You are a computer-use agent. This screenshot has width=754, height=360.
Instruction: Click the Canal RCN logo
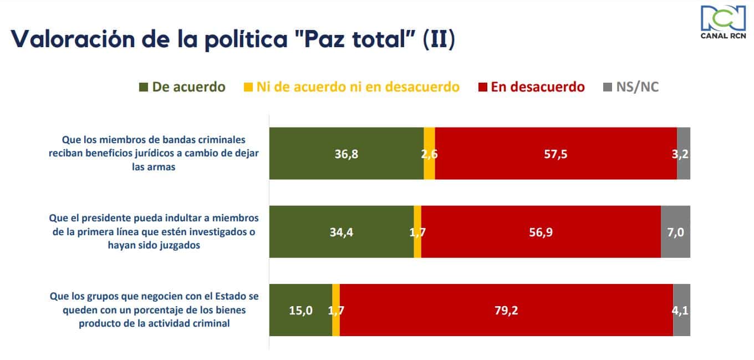[x=723, y=22]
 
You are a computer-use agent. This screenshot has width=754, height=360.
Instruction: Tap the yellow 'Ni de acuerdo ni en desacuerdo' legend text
[x=358, y=87]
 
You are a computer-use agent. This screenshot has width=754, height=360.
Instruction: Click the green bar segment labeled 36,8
[x=346, y=154]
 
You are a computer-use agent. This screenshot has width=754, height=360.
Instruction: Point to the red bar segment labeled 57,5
[x=556, y=154]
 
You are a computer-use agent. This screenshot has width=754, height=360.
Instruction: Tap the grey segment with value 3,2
[x=684, y=154]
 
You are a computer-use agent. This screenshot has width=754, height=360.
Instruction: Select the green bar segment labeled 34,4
[x=341, y=232]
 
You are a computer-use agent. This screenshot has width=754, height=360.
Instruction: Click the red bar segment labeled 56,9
[x=541, y=232]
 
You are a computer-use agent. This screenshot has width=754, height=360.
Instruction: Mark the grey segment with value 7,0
[x=675, y=232]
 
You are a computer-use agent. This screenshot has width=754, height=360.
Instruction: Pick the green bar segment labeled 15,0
[x=300, y=310]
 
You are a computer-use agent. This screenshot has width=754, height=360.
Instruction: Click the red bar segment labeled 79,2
[x=506, y=310]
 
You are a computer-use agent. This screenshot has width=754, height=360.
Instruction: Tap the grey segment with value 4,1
[x=681, y=310]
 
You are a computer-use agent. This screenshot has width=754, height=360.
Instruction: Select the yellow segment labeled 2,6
[x=429, y=154]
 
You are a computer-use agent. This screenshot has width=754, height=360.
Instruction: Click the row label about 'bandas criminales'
[x=154, y=153]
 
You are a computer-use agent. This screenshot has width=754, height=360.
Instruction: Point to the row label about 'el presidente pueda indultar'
[x=154, y=232]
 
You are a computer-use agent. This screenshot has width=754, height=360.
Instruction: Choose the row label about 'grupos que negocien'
[x=154, y=310]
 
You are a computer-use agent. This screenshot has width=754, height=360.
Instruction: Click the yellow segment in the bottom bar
[x=336, y=310]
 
